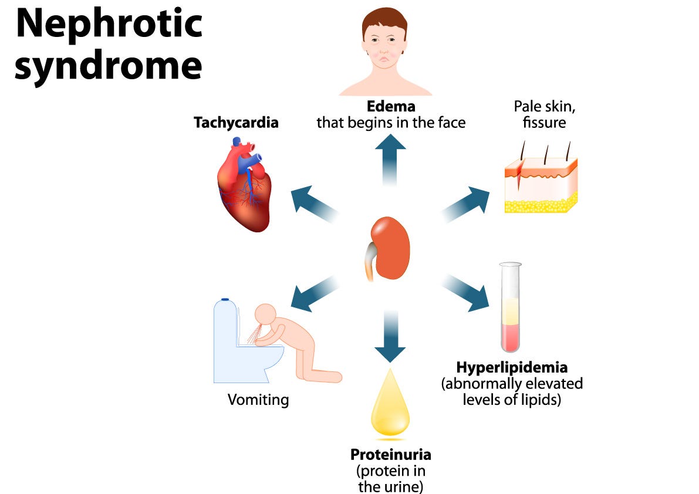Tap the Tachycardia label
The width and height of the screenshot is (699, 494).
pyautogui.click(x=236, y=123)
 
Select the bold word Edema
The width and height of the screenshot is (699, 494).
pyautogui.click(x=391, y=107)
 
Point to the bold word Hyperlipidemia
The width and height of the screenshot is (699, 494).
pyautogui.click(x=512, y=368)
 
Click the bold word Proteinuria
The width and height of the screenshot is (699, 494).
pyautogui.click(x=390, y=455)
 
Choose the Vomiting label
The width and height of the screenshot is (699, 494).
pyautogui.click(x=258, y=400)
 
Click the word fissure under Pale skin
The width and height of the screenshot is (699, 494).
pyautogui.click(x=540, y=123)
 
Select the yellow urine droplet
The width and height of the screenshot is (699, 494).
pyautogui.click(x=390, y=405)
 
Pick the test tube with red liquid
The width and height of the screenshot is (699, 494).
pyautogui.click(x=511, y=308)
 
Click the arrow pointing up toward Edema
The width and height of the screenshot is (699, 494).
pyautogui.click(x=390, y=155)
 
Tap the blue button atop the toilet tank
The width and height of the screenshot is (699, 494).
pyautogui.click(x=225, y=299)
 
